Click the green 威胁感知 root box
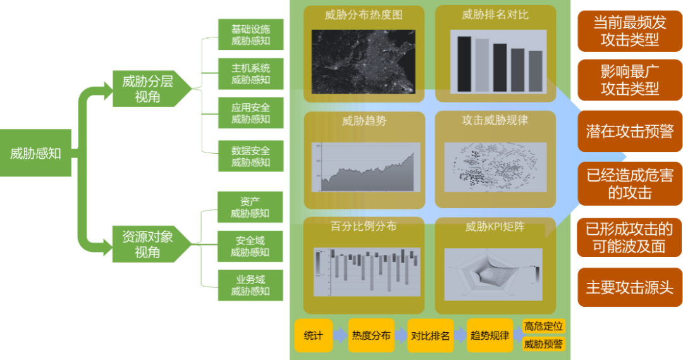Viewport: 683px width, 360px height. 35,152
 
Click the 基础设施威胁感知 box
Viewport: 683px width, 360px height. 250,35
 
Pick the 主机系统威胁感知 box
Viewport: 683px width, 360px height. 250,74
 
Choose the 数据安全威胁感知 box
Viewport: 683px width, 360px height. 250,156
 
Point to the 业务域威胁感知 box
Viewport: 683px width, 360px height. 250,285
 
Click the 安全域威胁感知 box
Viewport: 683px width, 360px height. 250,246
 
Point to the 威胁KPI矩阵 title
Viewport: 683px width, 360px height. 495,226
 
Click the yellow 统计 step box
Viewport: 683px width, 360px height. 313,336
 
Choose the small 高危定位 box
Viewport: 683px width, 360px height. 544,326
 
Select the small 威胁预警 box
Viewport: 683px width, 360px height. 544,345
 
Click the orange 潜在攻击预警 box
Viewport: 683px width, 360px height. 629,132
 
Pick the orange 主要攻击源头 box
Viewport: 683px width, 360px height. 629,288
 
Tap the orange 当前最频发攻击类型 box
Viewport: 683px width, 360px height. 629,32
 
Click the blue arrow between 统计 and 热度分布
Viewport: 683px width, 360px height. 340,336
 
